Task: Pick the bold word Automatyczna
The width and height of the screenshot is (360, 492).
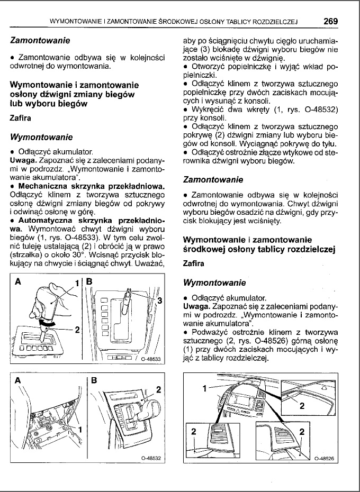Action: (x=47, y=220)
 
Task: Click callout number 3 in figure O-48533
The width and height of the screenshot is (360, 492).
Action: (x=159, y=300)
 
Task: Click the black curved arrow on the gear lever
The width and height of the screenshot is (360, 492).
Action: (x=48, y=321)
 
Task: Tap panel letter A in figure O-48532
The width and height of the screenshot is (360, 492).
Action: (x=19, y=380)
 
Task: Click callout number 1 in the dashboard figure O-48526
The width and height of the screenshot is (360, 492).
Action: (x=204, y=389)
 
